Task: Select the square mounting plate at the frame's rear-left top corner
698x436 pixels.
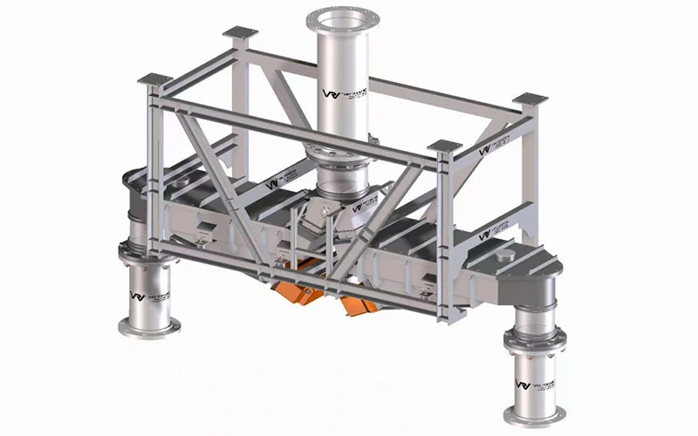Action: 240,34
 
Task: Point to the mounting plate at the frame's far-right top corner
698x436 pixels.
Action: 529,99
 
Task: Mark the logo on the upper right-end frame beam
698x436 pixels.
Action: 493,146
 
